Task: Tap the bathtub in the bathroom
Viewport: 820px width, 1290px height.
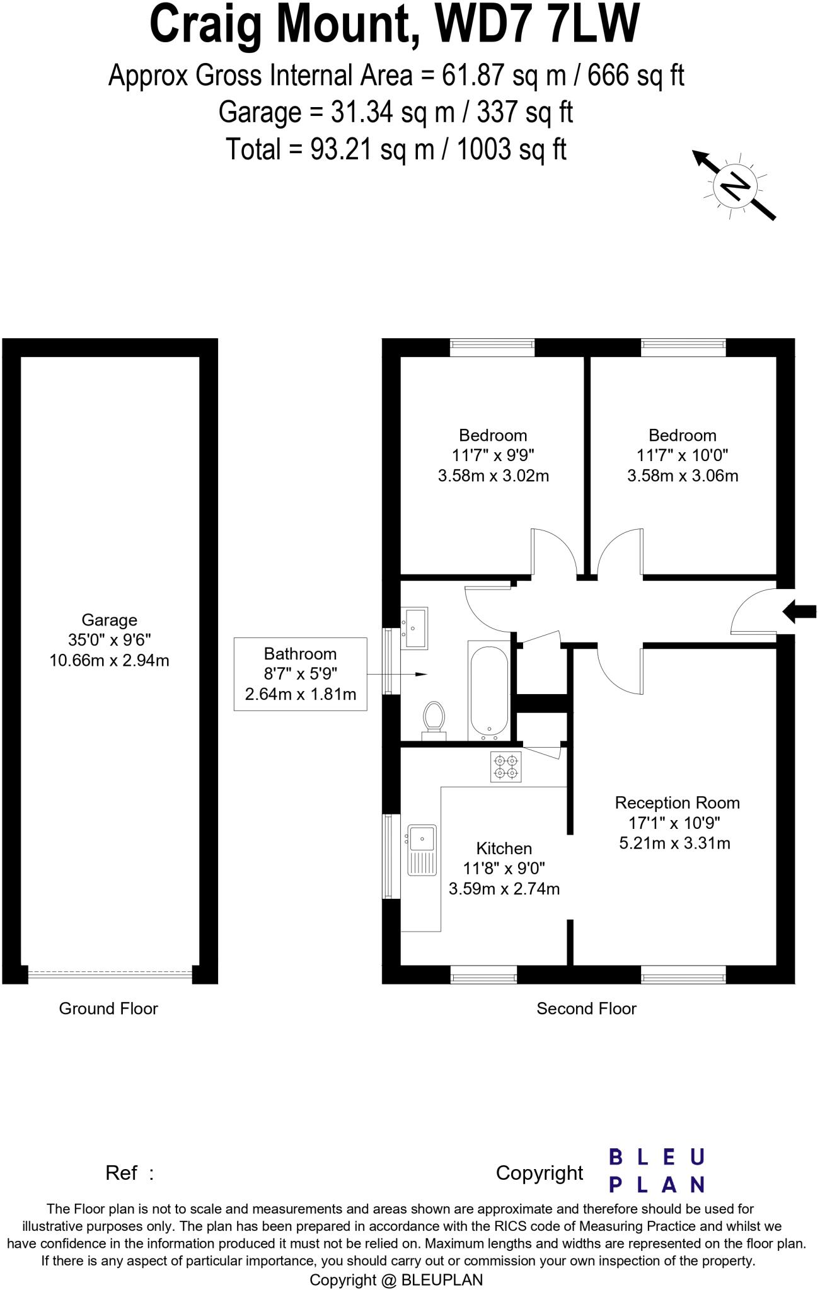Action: (x=488, y=690)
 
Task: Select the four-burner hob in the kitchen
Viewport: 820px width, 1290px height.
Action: (x=506, y=767)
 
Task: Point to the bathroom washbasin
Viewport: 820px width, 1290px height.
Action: (x=415, y=627)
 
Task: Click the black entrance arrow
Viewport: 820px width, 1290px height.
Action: (x=799, y=611)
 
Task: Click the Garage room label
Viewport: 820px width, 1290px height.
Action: (x=109, y=620)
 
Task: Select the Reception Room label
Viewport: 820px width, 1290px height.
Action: (x=677, y=802)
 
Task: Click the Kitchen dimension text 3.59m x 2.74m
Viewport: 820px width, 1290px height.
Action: (x=504, y=889)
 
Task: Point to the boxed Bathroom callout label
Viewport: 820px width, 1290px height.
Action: (x=300, y=674)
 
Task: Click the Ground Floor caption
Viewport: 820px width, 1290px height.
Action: (x=108, y=1008)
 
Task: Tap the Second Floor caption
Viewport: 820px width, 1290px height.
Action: (x=586, y=1008)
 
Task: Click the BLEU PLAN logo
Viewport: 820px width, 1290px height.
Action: (x=656, y=1171)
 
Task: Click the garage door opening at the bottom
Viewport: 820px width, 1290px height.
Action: (x=110, y=974)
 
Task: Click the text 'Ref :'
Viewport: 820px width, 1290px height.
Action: (x=129, y=1173)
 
